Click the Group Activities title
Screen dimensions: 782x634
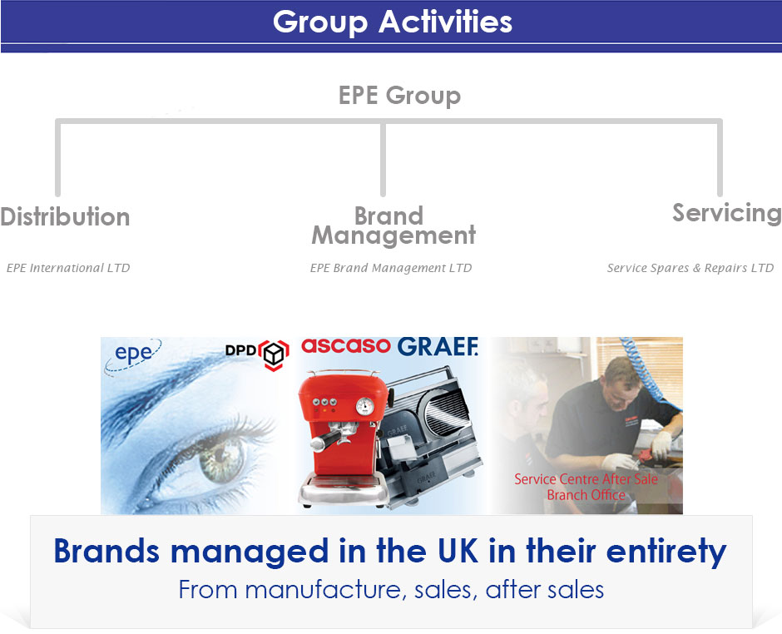click(x=393, y=22)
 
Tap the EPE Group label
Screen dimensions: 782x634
click(x=399, y=96)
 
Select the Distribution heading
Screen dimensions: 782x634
click(x=65, y=216)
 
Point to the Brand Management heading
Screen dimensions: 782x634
click(x=393, y=226)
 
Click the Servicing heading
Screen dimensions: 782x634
click(x=727, y=213)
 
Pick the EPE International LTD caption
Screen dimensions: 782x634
click(x=68, y=268)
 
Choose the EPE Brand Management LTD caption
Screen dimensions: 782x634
click(x=390, y=268)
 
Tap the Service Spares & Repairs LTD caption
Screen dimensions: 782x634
click(x=690, y=268)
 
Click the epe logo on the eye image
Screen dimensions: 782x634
click(x=133, y=354)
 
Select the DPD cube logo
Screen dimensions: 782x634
click(x=274, y=354)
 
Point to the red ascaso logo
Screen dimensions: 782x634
click(x=345, y=345)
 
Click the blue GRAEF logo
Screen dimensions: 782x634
click(x=438, y=347)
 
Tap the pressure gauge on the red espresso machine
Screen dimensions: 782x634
click(x=365, y=406)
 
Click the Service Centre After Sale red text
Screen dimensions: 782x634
click(x=586, y=479)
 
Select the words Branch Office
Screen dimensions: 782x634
click(x=586, y=495)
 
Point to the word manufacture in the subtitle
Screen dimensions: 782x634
click(x=323, y=590)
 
